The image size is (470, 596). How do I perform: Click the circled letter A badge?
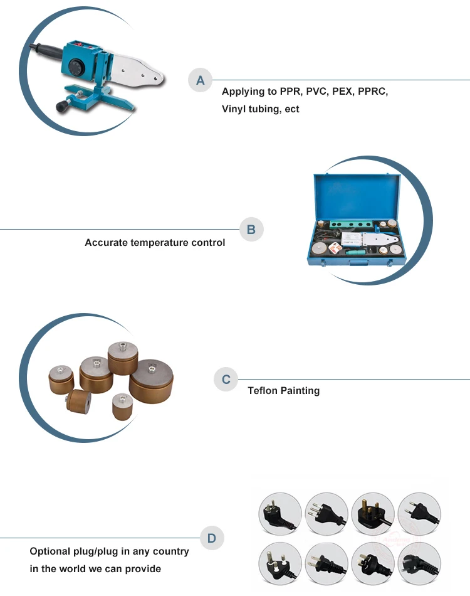point(201,80)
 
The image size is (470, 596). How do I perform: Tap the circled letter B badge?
point(251,230)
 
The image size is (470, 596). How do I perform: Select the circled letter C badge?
point(226,380)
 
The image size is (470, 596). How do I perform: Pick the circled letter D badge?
point(212,538)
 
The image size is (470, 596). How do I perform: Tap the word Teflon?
point(262,391)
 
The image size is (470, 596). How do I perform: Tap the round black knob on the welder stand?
point(62,107)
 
